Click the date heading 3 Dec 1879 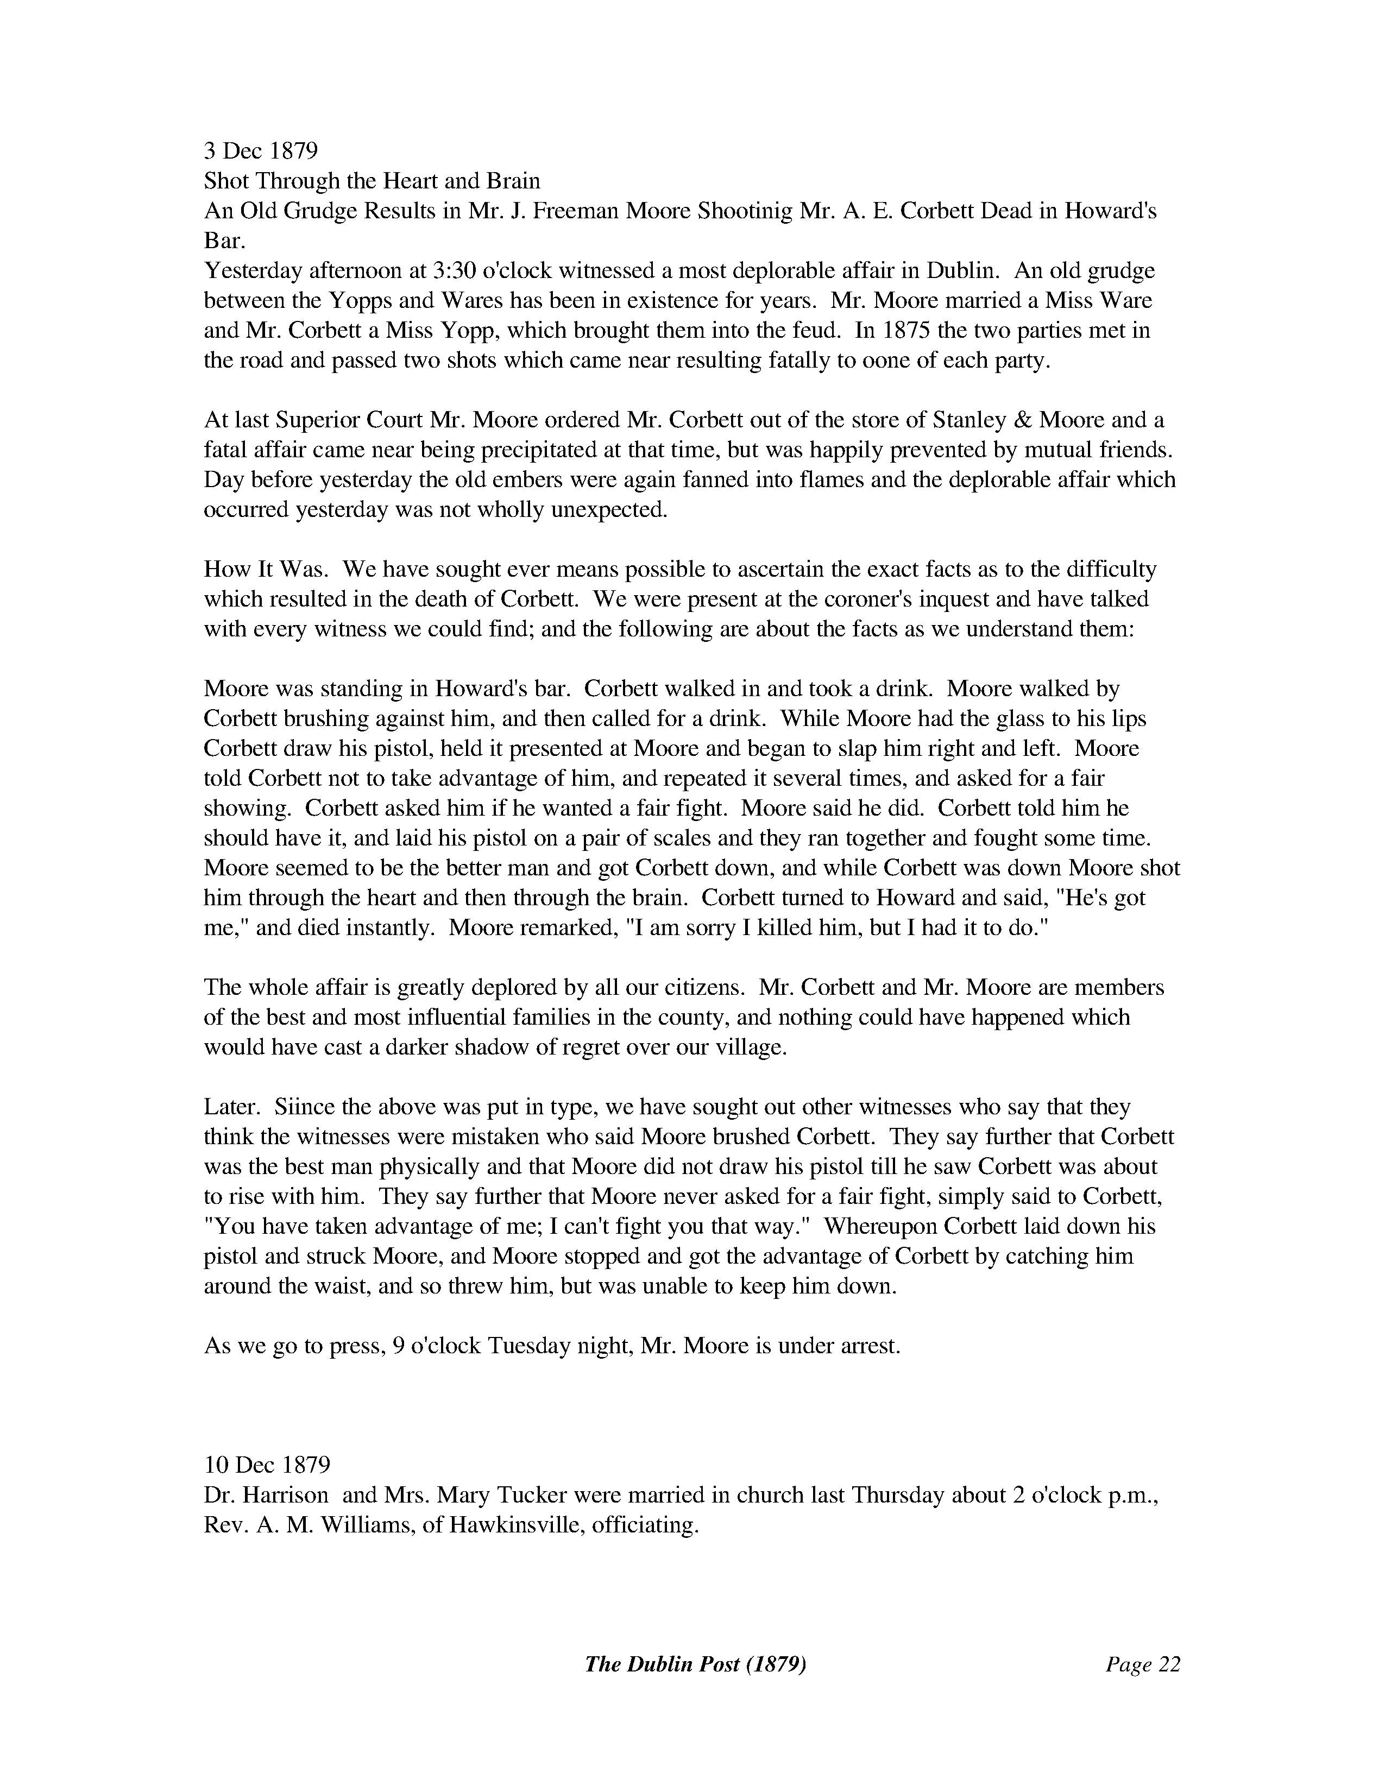tap(261, 151)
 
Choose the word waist tap(342, 1286)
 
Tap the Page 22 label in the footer tap(1142, 1664)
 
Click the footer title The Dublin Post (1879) tap(695, 1664)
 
